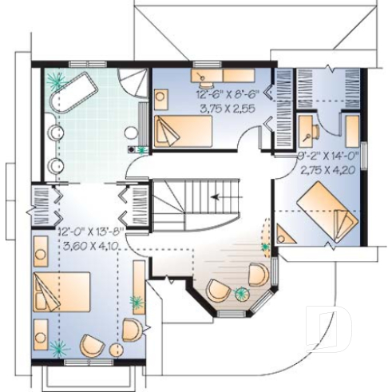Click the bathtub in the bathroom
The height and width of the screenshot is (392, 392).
pyautogui.click(x=73, y=93)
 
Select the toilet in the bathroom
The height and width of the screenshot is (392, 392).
pyautogui.click(x=131, y=133)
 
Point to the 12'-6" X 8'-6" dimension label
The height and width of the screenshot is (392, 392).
pyautogui.click(x=228, y=94)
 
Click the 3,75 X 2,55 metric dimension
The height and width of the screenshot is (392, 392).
pyautogui.click(x=228, y=109)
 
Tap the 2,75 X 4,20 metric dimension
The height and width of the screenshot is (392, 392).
pyautogui.click(x=328, y=169)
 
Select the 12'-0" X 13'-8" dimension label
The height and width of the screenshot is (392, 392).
pyautogui.click(x=91, y=232)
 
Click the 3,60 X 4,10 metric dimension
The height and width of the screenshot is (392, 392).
pyautogui.click(x=90, y=246)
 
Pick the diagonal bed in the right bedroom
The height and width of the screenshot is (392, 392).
pyautogui.click(x=328, y=211)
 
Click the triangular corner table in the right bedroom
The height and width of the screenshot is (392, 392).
pyautogui.click(x=285, y=234)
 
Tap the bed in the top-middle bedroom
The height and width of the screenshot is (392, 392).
pyautogui.click(x=183, y=131)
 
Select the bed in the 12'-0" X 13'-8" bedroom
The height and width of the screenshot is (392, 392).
pyautogui.click(x=61, y=291)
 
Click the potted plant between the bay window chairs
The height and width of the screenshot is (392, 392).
pyautogui.click(x=241, y=293)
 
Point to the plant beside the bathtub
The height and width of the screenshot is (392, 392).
pyautogui.click(x=56, y=81)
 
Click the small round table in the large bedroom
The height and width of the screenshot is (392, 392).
pyautogui.click(x=117, y=350)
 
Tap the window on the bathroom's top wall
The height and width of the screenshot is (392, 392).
pyautogui.click(x=88, y=64)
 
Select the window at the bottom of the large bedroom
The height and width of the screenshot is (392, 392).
pyautogui.click(x=89, y=362)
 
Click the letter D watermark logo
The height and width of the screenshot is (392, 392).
pyautogui.click(x=330, y=329)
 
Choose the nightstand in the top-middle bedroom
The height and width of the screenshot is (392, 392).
pyautogui.click(x=161, y=100)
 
